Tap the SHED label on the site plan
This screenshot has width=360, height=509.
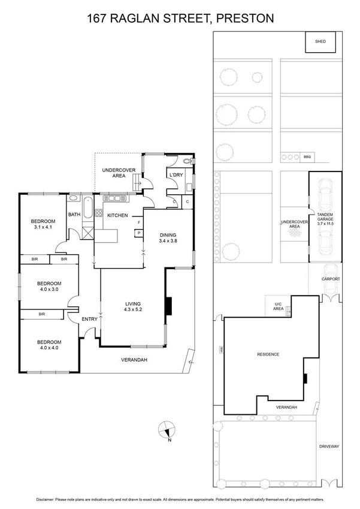[320, 41]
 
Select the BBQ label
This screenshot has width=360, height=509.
[308, 158]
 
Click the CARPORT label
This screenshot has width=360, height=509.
[330, 279]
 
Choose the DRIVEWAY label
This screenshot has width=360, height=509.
[329, 446]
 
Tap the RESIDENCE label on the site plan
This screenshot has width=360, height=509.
[268, 354]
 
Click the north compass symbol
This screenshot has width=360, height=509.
[168, 430]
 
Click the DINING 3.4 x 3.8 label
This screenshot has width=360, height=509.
[168, 238]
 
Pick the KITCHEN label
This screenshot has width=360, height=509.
[117, 215]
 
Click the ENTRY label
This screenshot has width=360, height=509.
[89, 319]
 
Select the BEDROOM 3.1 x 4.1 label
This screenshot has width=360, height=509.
[41, 224]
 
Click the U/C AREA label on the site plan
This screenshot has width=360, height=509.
[278, 306]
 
